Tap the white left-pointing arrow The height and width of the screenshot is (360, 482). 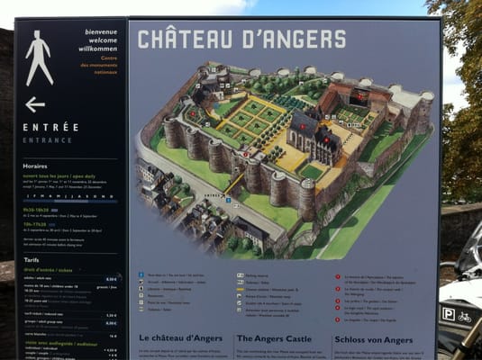[x=35, y=104]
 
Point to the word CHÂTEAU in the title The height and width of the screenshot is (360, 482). [x=179, y=40]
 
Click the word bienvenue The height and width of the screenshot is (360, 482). [x=101, y=31]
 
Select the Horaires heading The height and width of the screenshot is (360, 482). [x=37, y=165]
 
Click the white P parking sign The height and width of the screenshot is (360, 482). [x=448, y=314]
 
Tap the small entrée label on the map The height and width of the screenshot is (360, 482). [x=211, y=194]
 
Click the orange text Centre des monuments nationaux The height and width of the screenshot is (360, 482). [x=101, y=65]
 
